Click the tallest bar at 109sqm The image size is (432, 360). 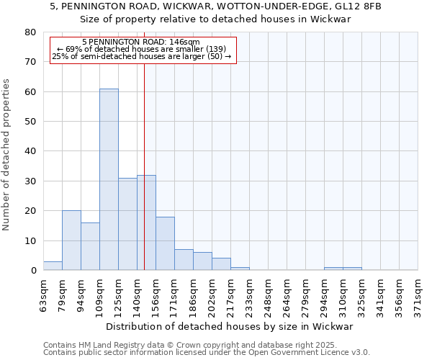tap(109, 179)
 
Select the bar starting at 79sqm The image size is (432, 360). tap(71, 240)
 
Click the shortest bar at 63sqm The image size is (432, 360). tap(53, 266)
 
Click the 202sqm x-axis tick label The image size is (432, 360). tap(212, 295)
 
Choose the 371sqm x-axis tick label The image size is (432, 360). tap(418, 295)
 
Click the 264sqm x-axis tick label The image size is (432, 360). tap(287, 295)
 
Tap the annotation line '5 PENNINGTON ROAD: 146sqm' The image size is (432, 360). tap(140, 42)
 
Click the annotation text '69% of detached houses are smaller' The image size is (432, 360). tap(141, 49)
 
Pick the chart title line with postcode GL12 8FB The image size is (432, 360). tap(215, 6)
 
